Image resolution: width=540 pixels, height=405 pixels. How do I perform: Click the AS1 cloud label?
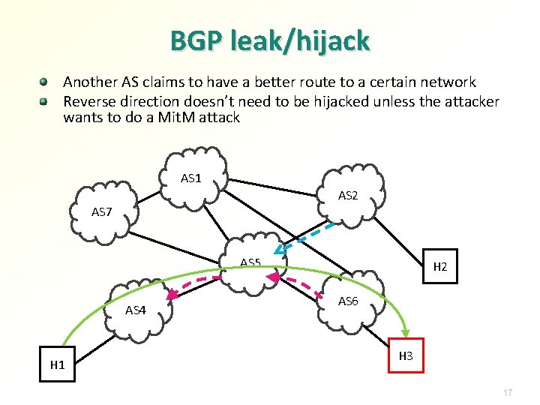[x=191, y=178]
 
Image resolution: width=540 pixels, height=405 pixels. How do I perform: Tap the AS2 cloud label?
[x=348, y=196]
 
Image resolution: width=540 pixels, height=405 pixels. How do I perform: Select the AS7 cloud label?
[x=102, y=212]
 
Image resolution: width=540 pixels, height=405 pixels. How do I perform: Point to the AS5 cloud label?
[x=250, y=262]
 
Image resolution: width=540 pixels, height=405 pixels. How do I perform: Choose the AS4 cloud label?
[x=136, y=310]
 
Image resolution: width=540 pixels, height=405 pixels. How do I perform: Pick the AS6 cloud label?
[x=348, y=301]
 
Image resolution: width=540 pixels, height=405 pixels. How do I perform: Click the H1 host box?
[x=58, y=365]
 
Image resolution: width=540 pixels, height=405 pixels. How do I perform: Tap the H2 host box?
[x=441, y=266]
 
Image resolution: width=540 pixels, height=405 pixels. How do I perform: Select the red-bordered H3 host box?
[x=406, y=356]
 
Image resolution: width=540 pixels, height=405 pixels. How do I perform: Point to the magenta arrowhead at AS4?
[x=172, y=295]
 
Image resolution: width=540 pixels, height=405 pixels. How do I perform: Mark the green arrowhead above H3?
[x=406, y=331]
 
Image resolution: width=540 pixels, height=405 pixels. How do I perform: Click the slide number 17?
[x=508, y=393]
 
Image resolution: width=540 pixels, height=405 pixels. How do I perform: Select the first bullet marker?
[x=45, y=80]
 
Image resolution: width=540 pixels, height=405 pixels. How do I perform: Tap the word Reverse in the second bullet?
[x=88, y=100]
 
